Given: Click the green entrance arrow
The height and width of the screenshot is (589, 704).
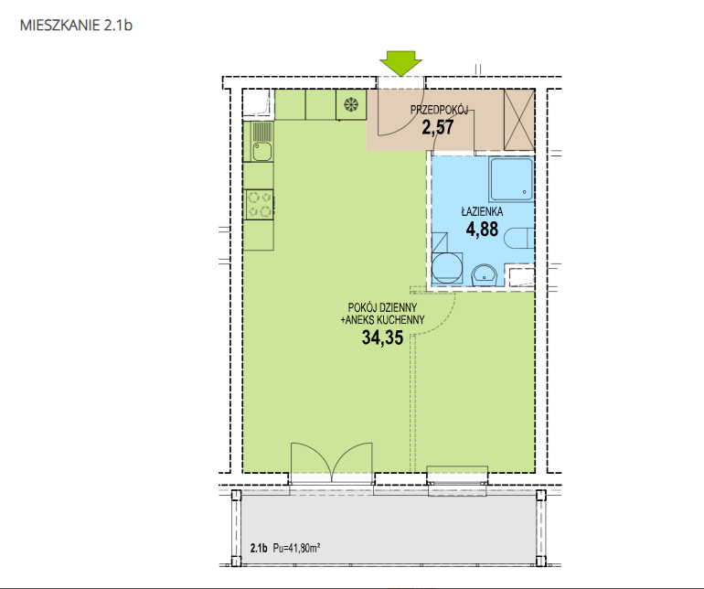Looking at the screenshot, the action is click(x=401, y=62).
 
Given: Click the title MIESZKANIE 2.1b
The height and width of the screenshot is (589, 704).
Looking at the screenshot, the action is click(x=76, y=26).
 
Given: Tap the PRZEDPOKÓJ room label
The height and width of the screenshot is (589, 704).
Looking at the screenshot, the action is click(x=439, y=110).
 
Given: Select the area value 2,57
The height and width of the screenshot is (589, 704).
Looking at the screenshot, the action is click(x=438, y=127).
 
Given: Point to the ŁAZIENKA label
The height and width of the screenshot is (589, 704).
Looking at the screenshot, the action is click(x=482, y=211).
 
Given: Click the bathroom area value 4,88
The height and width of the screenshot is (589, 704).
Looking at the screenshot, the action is click(x=482, y=230).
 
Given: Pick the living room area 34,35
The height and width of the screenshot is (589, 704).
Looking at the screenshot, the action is click(x=382, y=337).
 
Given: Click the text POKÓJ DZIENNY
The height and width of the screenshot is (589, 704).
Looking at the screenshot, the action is click(x=382, y=307).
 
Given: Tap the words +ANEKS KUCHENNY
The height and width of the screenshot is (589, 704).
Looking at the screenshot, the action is click(x=382, y=320).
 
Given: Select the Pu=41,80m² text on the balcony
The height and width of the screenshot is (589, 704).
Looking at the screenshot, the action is click(x=296, y=548).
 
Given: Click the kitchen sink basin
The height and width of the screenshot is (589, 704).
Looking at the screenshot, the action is click(x=261, y=152).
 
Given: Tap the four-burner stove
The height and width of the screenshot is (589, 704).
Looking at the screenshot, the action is click(x=260, y=205).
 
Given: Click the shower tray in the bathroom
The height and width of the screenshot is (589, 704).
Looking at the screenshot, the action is click(x=511, y=179).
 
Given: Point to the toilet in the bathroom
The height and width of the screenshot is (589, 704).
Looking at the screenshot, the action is click(x=519, y=238).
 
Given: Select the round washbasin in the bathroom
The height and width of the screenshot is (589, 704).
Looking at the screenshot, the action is click(x=485, y=274).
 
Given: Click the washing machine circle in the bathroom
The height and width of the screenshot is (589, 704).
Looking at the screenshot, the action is click(x=447, y=267).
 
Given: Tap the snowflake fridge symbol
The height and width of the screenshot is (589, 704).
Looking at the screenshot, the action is click(x=351, y=105).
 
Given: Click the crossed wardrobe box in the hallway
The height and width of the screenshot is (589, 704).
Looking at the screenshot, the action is click(x=519, y=120).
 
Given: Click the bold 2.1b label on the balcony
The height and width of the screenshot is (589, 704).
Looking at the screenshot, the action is click(x=259, y=548).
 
